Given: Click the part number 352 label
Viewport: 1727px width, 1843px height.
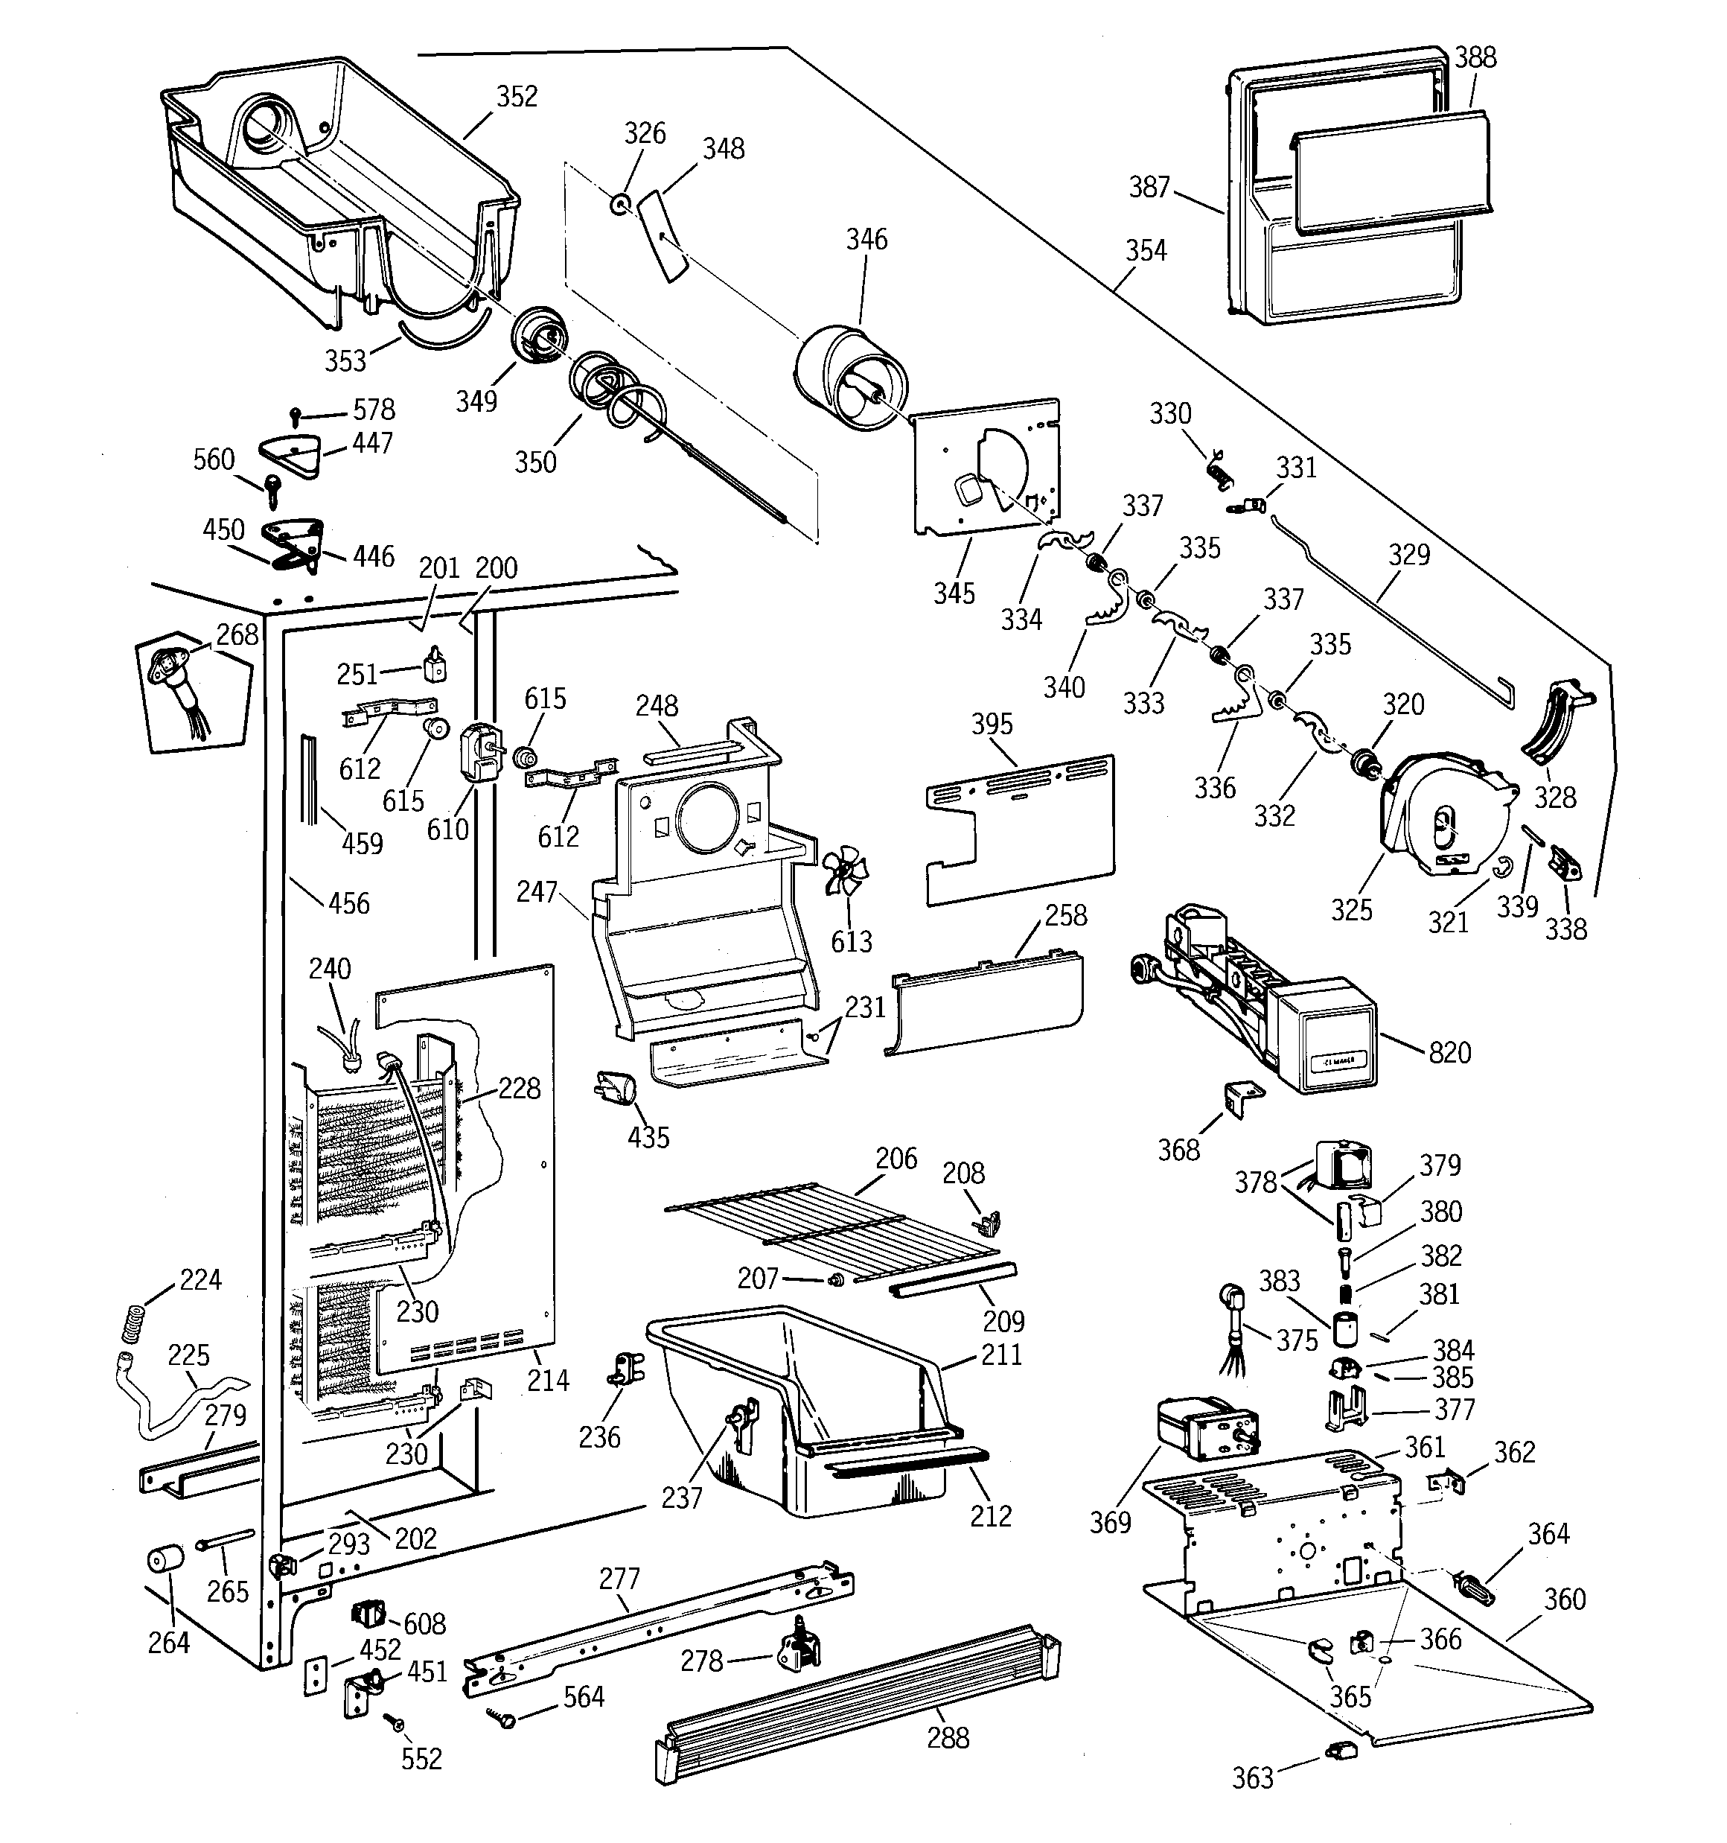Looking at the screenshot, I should click(x=517, y=96).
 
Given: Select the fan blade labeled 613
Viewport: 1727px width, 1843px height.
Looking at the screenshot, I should click(x=846, y=874).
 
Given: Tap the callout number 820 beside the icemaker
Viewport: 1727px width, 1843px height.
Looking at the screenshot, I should click(x=1450, y=1052).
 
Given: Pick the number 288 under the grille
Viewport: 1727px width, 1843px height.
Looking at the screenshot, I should click(x=948, y=1737).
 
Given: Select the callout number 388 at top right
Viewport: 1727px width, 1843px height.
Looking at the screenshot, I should click(x=1475, y=57).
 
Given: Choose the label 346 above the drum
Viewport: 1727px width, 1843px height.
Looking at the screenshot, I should click(x=866, y=239).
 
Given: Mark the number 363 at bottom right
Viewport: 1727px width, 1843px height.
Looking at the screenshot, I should click(x=1252, y=1778).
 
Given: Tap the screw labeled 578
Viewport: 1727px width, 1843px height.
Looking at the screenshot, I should click(x=296, y=413).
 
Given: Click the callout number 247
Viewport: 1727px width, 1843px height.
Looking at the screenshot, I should click(x=537, y=892).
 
